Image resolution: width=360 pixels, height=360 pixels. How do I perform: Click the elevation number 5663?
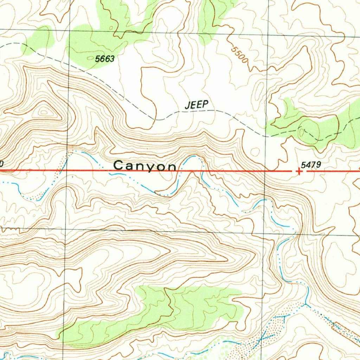click(x=105, y=59)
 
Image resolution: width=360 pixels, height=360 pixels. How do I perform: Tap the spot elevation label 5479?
click(x=311, y=164)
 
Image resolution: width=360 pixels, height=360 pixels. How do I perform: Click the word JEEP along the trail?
click(x=197, y=104)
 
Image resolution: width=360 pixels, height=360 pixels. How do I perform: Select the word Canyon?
click(x=145, y=166)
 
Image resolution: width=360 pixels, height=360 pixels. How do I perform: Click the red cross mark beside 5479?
click(x=299, y=171)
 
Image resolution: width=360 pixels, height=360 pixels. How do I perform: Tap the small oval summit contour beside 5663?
click(x=111, y=28)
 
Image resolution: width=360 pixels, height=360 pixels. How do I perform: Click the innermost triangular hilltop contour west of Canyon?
click(x=44, y=112)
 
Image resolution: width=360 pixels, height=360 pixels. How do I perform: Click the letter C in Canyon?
click(x=120, y=166)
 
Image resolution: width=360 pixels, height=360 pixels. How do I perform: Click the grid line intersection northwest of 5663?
click(x=69, y=30)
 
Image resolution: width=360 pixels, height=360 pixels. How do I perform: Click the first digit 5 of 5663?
click(x=97, y=59)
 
